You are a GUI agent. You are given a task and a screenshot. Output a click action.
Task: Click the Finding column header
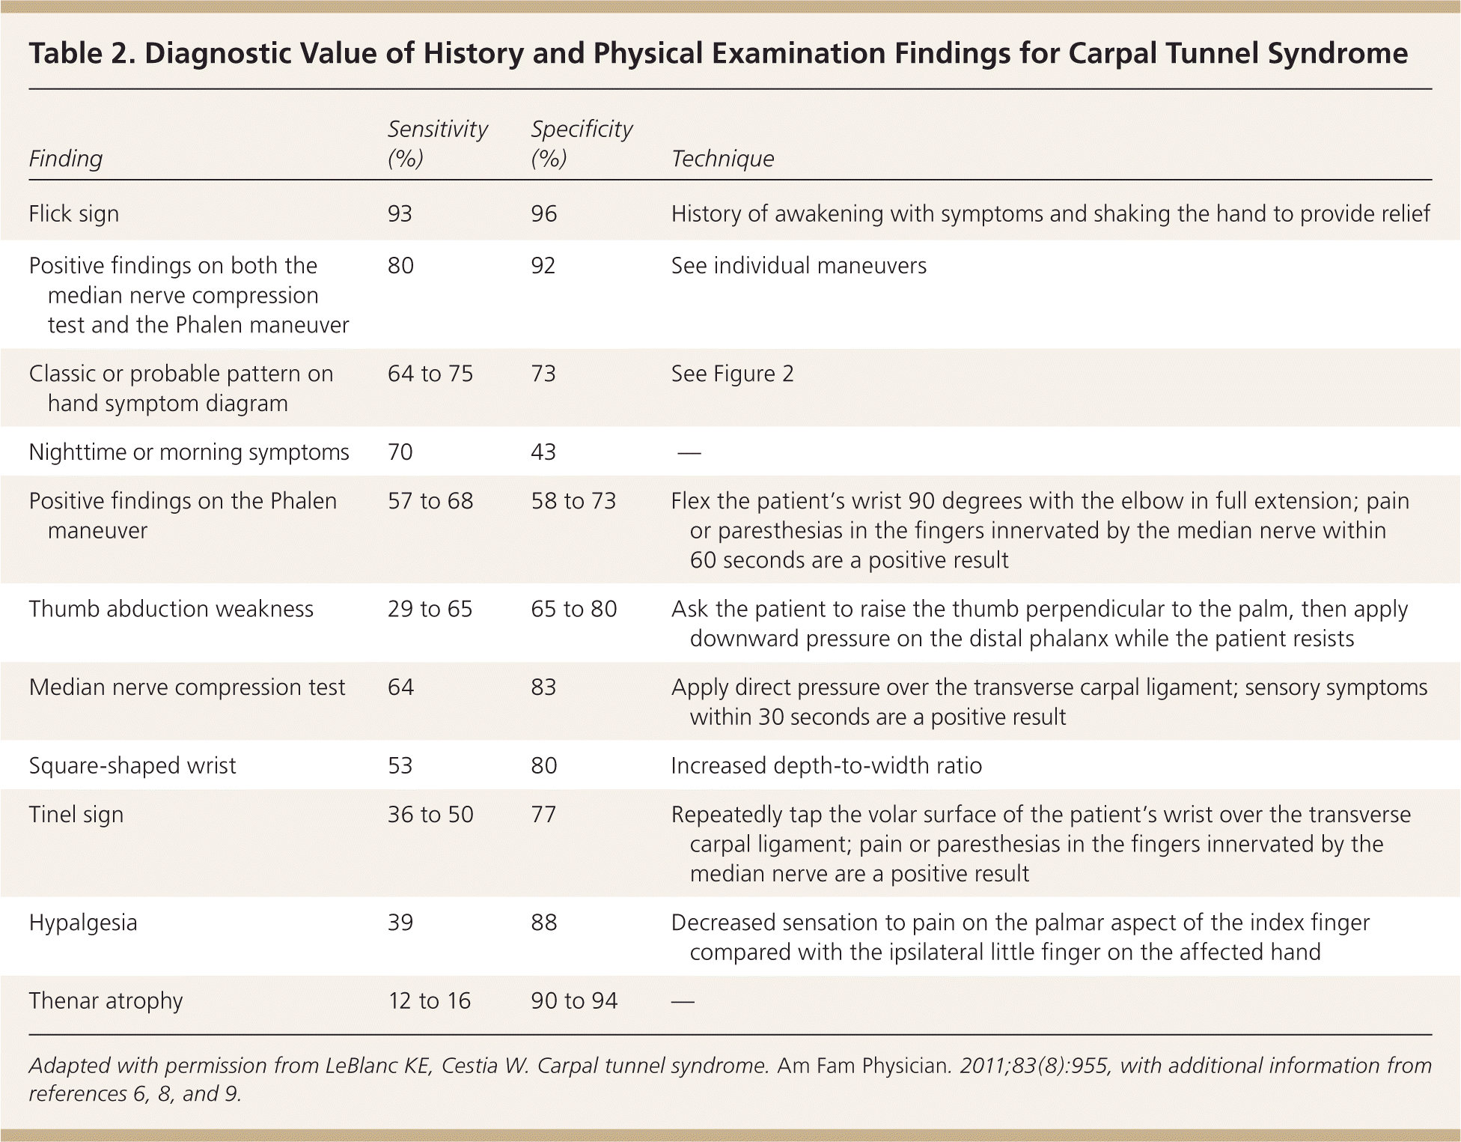click(x=66, y=159)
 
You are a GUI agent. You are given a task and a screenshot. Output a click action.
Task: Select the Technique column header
click(x=722, y=159)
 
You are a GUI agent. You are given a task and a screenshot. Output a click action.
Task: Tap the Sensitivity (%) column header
click(x=437, y=143)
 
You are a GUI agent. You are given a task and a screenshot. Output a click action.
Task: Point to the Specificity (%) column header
click(x=582, y=143)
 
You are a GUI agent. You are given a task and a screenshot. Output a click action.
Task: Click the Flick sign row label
click(x=74, y=214)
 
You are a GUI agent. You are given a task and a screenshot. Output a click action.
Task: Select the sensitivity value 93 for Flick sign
click(x=400, y=214)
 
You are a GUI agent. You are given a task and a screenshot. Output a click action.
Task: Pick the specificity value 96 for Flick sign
click(x=544, y=214)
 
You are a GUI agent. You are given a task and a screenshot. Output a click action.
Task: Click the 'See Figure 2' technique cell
click(x=732, y=374)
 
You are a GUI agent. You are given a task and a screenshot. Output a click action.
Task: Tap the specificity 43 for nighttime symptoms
click(x=543, y=452)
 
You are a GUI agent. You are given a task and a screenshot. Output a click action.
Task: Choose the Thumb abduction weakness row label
click(x=171, y=609)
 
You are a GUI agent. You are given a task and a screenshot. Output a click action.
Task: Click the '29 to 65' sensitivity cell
click(x=430, y=609)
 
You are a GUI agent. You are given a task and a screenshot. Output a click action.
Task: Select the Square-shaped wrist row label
click(x=132, y=766)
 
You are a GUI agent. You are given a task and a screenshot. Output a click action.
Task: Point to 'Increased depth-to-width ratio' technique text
click(x=826, y=766)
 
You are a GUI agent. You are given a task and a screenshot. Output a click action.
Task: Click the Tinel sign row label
click(x=76, y=815)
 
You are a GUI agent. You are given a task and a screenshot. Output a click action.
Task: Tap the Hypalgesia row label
click(x=83, y=923)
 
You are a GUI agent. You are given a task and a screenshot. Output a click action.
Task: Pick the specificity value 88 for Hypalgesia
click(x=544, y=923)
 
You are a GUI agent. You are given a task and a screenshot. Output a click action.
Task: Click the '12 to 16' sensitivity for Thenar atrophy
click(x=430, y=1001)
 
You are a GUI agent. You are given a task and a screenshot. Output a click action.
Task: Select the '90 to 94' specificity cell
click(x=574, y=1001)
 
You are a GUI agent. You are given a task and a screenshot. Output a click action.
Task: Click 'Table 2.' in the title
click(x=80, y=54)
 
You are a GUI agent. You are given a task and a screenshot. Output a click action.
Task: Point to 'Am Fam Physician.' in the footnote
click(x=864, y=1066)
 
